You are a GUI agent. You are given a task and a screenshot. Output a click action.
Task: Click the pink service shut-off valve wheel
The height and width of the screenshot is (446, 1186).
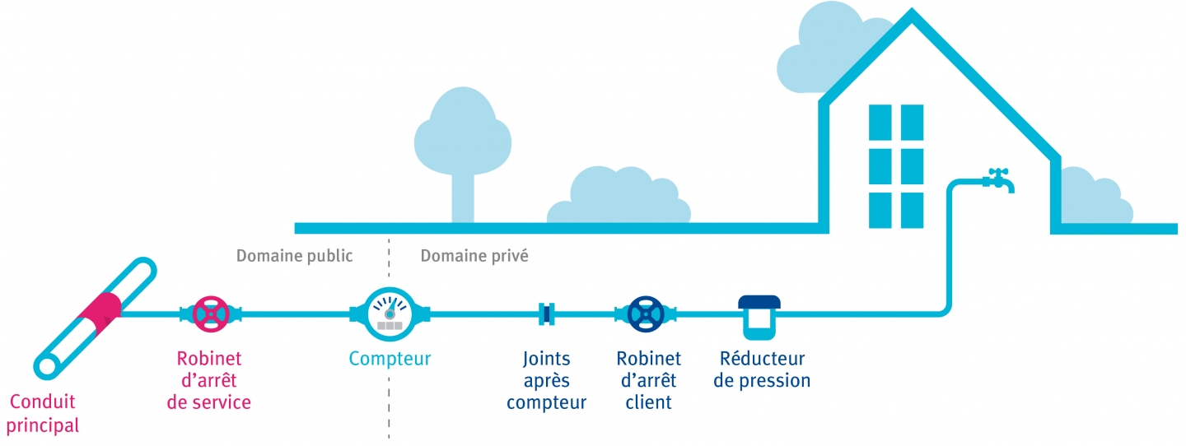(x=212, y=314)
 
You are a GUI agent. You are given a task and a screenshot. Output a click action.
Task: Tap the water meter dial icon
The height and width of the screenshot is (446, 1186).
(x=389, y=314)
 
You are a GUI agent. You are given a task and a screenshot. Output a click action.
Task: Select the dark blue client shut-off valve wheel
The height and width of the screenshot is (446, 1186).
(x=646, y=314)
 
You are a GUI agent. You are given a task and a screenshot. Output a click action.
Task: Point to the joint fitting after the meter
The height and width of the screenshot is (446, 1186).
(x=546, y=314)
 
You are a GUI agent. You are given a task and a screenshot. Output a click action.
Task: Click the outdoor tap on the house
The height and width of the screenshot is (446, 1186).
(x=998, y=179)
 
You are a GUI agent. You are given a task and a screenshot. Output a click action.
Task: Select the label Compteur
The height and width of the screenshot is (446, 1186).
(x=390, y=359)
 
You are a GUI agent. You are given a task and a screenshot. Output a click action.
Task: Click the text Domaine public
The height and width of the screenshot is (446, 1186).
(x=294, y=256)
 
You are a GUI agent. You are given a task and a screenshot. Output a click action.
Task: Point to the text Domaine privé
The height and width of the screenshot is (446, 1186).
(x=474, y=256)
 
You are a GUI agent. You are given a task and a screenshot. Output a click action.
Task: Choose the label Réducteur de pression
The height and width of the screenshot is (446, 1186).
(x=762, y=370)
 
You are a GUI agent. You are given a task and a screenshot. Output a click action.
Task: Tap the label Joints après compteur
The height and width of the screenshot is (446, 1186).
(x=546, y=381)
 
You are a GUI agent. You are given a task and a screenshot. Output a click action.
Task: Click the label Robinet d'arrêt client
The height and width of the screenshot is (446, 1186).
(x=648, y=381)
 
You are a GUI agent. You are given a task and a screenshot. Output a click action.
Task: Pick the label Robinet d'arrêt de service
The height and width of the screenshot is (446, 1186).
(x=209, y=381)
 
